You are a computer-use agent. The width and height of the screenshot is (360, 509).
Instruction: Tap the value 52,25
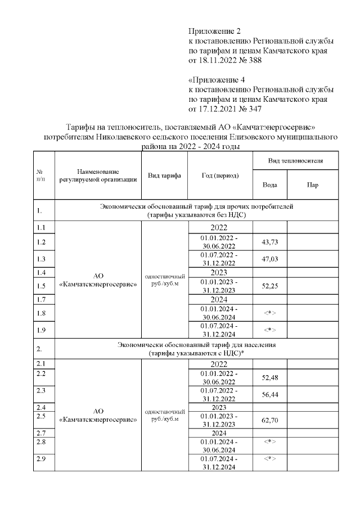coord(269,286)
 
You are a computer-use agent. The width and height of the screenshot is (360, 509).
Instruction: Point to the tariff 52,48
coord(269,377)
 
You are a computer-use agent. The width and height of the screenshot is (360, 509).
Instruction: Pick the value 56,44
coord(269,394)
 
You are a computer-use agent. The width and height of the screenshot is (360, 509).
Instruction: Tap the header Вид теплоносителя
coord(295,160)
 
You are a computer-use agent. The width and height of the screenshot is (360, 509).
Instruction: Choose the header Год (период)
coord(220,175)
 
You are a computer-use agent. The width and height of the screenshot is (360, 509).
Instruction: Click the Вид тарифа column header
coord(164,175)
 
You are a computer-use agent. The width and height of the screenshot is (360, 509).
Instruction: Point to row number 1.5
coord(40,286)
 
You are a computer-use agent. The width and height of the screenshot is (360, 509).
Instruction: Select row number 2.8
coord(40,442)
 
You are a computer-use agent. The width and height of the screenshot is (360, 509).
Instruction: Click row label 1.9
coord(40,330)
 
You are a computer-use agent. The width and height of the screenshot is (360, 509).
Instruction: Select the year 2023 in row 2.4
coord(219,407)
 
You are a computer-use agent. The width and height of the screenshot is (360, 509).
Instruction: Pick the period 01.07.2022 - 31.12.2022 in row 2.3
coord(219,394)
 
